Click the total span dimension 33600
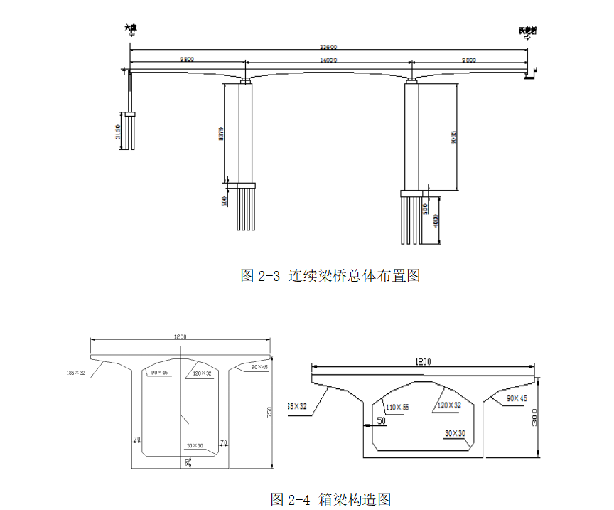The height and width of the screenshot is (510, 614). (x=328, y=47)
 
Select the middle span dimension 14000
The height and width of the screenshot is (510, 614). (x=328, y=60)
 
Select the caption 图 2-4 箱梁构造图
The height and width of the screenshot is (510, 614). (x=330, y=499)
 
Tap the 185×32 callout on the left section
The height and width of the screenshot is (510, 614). (x=75, y=373)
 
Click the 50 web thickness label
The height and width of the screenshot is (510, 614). (x=381, y=420)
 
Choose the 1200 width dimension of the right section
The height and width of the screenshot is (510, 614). (x=422, y=362)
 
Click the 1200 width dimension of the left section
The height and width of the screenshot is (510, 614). (x=181, y=336)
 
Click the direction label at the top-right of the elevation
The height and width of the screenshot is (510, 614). (x=528, y=31)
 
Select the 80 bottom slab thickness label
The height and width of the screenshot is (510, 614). (x=188, y=462)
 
